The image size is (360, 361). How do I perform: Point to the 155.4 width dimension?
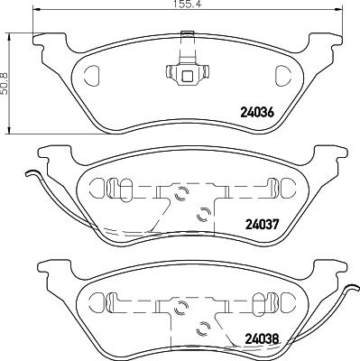(x=187, y=5)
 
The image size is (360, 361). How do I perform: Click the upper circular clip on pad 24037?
(x=179, y=192)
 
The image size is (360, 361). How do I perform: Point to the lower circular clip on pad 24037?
(x=202, y=213)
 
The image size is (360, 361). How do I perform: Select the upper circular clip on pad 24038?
(x=179, y=308)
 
